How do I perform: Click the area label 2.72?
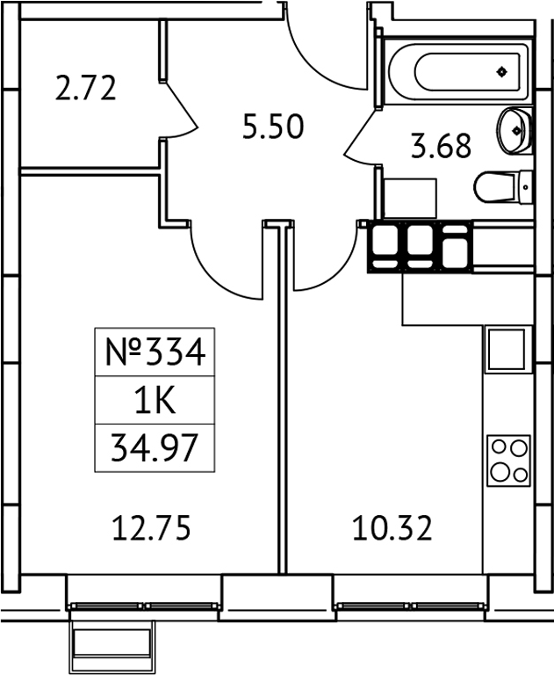(85, 89)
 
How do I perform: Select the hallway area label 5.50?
(273, 127)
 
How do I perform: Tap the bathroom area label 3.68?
(442, 145)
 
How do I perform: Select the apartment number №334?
(155, 353)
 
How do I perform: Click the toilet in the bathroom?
(503, 186)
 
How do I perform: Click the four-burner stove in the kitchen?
(508, 460)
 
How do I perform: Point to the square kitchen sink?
(507, 349)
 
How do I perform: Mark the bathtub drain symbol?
(501, 71)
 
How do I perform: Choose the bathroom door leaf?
(360, 140)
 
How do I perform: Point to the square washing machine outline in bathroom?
(411, 199)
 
